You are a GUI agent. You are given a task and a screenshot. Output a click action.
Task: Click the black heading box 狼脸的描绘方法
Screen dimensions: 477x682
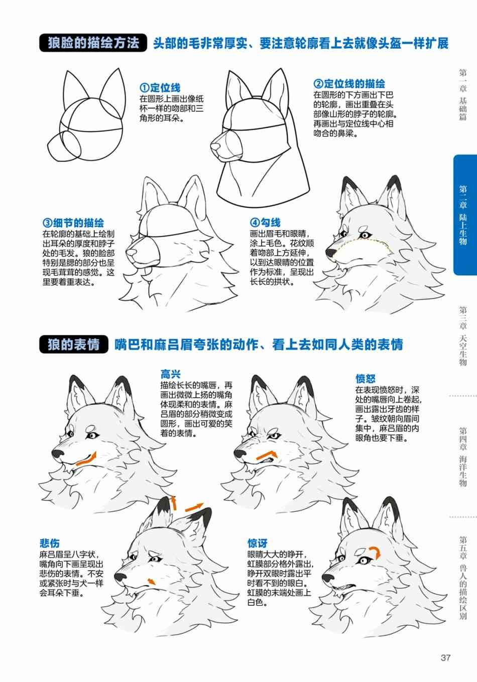[x=93, y=43]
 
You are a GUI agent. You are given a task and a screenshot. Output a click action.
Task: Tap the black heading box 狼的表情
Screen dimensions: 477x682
[x=74, y=345]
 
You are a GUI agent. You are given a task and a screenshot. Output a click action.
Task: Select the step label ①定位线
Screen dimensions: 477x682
[x=160, y=88]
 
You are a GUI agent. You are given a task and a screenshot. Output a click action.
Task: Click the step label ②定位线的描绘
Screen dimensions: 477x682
[x=349, y=83]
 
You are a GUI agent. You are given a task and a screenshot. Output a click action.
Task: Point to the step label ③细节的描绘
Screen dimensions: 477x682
[x=73, y=223]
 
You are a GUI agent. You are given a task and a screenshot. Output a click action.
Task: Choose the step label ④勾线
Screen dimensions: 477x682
[x=265, y=223]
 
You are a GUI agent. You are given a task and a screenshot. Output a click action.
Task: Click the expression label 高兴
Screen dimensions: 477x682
[x=170, y=374]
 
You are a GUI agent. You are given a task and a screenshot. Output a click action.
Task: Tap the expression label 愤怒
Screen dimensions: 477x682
[x=365, y=379]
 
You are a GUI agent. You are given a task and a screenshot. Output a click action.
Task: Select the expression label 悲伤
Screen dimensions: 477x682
[x=50, y=543]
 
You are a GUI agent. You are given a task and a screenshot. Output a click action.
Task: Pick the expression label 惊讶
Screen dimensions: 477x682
[x=258, y=543]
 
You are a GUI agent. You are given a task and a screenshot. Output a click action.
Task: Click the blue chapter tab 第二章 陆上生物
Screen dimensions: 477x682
[x=465, y=215]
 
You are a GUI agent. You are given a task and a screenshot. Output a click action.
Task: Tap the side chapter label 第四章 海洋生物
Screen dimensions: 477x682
[x=463, y=457]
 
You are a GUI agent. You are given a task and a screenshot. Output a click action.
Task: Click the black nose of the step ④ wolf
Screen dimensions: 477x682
[x=331, y=252]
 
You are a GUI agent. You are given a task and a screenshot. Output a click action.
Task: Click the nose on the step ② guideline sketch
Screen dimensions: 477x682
[x=215, y=147]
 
